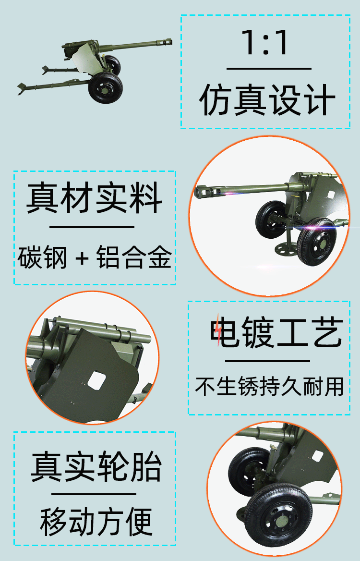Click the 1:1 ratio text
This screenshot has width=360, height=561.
(265, 42)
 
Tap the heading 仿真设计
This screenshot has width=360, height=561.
(267, 100)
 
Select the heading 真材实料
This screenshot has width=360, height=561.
(95, 197)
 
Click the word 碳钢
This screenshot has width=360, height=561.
(42, 257)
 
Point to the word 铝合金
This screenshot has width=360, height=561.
(134, 257)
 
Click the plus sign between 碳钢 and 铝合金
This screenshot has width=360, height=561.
(82, 257)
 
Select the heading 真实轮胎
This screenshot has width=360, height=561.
(96, 466)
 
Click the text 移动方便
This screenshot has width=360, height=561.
(96, 522)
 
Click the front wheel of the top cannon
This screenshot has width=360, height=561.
(106, 88)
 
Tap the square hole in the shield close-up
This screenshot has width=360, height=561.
(96, 380)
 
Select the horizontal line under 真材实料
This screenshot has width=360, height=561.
(92, 227)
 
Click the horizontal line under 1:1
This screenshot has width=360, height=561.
(269, 68)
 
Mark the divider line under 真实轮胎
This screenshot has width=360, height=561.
(94, 494)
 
